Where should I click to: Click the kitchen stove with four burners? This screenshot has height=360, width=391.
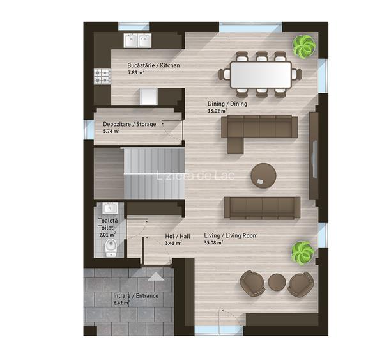(x=102, y=76)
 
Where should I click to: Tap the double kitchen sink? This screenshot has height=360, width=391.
(x=137, y=41)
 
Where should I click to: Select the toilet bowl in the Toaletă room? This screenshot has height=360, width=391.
(x=111, y=247)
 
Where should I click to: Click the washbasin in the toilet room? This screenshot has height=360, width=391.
(x=110, y=208)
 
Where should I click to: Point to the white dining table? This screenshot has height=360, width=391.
(x=261, y=75)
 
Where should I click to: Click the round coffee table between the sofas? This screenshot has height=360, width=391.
(x=263, y=175)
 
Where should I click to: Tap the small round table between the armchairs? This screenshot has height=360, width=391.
(x=277, y=283)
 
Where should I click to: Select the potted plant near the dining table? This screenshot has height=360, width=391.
(x=304, y=45)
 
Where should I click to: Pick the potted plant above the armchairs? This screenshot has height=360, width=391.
(x=303, y=251)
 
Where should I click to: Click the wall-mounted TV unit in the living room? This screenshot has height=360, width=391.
(x=314, y=155)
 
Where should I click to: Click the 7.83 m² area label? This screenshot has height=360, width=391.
(x=136, y=73)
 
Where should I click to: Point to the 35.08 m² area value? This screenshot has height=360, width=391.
(x=213, y=242)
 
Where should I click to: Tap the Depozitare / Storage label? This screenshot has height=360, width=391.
(x=130, y=124)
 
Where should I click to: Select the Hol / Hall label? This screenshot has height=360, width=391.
(x=178, y=236)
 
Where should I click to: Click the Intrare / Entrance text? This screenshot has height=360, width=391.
(x=136, y=296)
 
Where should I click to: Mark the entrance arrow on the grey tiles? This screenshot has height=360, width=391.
(x=156, y=276)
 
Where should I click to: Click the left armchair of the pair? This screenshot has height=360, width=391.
(x=252, y=284)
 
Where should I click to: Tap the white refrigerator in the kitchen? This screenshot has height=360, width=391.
(x=149, y=96)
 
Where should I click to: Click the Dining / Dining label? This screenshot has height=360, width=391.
(x=227, y=104)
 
